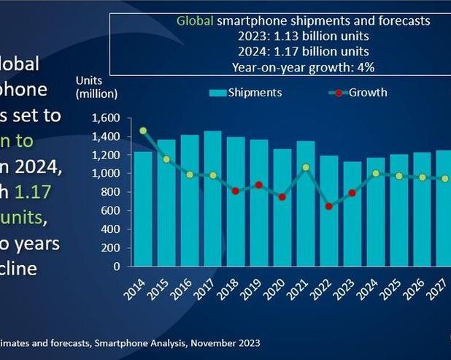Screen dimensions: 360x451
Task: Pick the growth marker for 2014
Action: coord(143,131)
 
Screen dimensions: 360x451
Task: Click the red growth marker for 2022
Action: coord(328,207)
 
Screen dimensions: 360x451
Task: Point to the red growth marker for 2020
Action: coord(282,197)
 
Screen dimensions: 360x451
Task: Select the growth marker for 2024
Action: coord(375,173)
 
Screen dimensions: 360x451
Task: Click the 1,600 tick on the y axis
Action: coord(107,118)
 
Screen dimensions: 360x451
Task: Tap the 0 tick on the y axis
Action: coord(117,267)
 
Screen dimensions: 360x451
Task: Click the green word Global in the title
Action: coord(195,22)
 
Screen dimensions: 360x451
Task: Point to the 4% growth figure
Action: coord(365,66)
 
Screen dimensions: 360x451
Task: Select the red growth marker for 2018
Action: coord(236,191)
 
